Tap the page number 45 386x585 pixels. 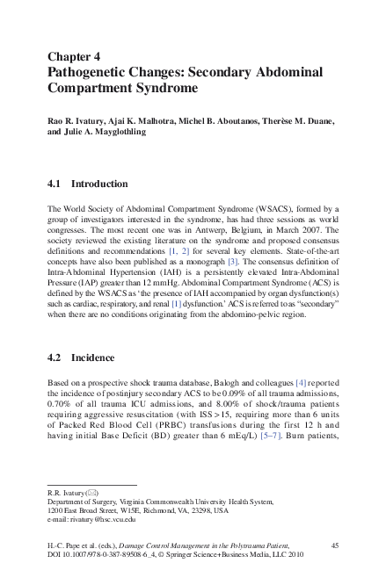pyautogui.click(x=335, y=546)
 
